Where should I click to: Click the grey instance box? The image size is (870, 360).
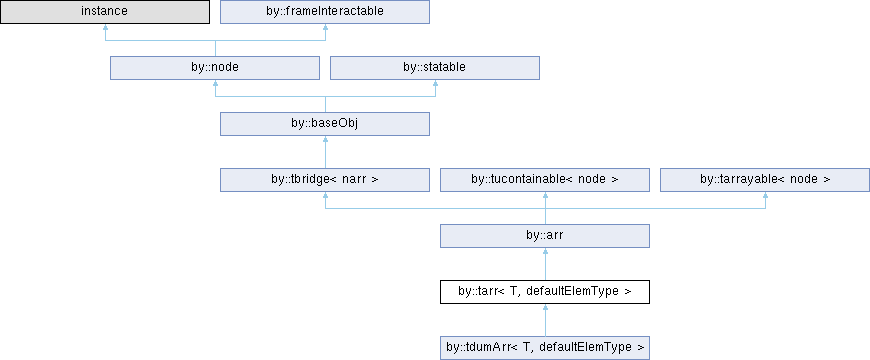[x=105, y=12]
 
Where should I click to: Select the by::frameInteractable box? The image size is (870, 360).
[x=325, y=12]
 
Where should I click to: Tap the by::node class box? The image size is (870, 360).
[x=215, y=68]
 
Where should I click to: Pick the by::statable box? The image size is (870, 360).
[x=434, y=68]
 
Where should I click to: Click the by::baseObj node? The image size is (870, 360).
[x=325, y=124]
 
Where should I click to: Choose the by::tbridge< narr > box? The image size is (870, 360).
[x=325, y=180]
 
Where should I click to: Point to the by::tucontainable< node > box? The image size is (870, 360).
[x=545, y=180]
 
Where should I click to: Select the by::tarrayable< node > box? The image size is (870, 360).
[x=765, y=180]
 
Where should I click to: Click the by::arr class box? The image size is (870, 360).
[x=545, y=236]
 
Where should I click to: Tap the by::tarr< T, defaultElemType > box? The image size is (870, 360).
[x=545, y=292]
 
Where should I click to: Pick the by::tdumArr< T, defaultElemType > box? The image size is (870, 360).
[x=545, y=348]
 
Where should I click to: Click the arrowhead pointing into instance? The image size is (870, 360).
[x=105, y=27]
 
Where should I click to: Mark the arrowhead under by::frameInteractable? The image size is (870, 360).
[x=325, y=27]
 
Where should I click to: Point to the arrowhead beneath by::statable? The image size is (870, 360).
[x=435, y=83]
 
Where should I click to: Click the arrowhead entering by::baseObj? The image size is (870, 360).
[x=325, y=139]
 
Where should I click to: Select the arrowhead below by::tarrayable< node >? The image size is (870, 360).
[x=765, y=195]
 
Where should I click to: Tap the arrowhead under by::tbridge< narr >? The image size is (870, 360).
[x=325, y=195]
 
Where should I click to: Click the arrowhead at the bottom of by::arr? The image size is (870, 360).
[x=545, y=251]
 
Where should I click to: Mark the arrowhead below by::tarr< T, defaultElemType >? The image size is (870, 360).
[x=545, y=307]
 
